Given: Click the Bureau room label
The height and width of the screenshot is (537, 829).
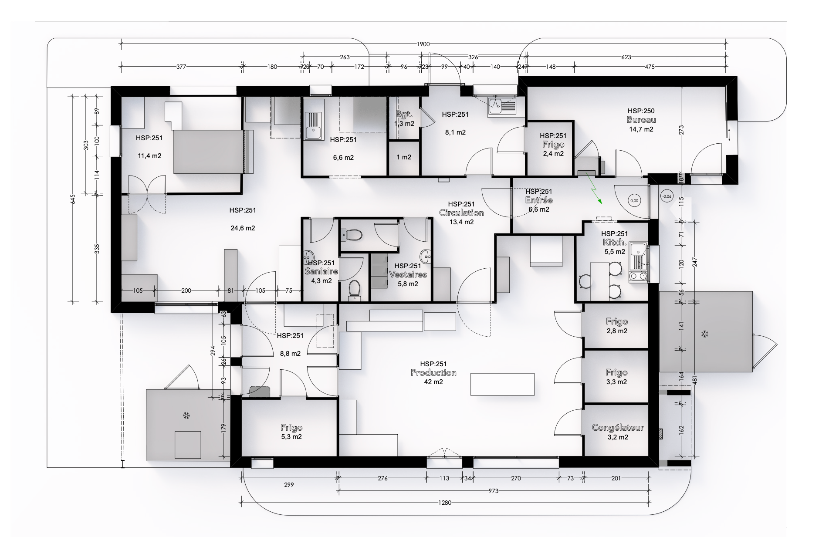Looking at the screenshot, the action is (x=641, y=120).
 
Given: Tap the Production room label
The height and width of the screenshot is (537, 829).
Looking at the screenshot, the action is (x=433, y=373).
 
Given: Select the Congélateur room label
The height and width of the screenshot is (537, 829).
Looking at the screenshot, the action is (x=618, y=428).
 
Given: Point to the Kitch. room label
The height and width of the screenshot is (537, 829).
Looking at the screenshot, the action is (x=614, y=243).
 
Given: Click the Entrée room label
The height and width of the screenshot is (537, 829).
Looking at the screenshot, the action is (x=539, y=200).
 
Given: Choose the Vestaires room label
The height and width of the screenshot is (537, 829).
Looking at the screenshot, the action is (x=408, y=275).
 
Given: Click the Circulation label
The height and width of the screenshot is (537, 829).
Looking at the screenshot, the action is (x=461, y=213).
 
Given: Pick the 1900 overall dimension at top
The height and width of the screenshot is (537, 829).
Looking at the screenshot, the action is (x=423, y=44).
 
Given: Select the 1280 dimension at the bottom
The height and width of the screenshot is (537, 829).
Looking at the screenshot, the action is (x=445, y=503).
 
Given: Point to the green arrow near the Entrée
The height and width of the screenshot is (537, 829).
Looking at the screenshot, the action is (x=593, y=188).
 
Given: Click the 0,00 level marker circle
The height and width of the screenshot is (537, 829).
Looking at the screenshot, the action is (x=634, y=201).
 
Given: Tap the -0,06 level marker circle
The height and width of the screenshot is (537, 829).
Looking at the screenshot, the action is (x=667, y=196).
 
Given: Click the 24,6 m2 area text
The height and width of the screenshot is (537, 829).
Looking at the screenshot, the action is (x=243, y=228).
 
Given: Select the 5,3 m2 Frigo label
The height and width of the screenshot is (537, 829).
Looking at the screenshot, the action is (x=291, y=437).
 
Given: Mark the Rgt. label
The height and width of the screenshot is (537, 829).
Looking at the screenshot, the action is (x=404, y=115).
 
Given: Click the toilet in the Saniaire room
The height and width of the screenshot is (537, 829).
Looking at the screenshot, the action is (x=355, y=289).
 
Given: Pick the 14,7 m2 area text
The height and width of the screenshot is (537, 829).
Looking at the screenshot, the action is (x=641, y=129).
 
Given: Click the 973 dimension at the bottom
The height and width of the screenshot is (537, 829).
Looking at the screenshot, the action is (x=494, y=491).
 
